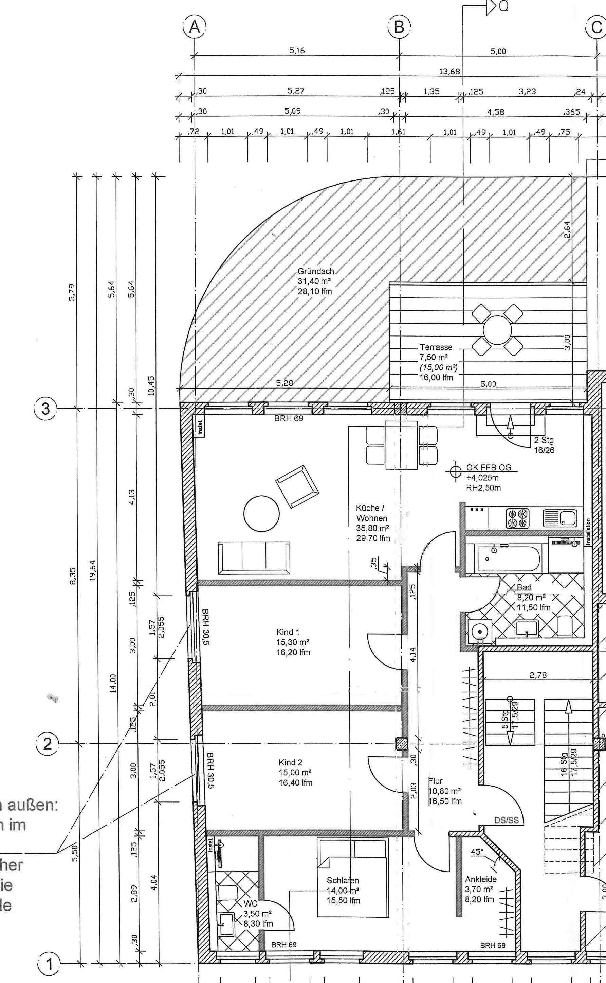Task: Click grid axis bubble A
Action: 195,27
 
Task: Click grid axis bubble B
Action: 399,27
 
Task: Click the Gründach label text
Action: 315,271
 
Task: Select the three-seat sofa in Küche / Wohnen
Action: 254,558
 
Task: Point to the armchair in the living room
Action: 297,487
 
